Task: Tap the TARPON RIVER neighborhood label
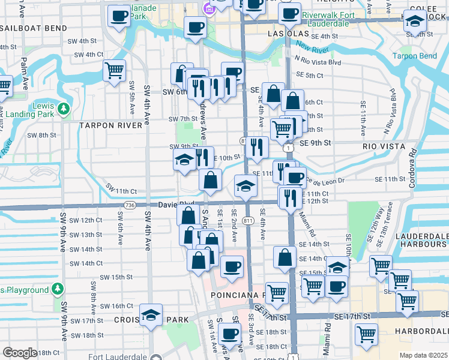coord(111,125)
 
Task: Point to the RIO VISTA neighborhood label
coord(381,145)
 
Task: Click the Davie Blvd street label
coord(176,204)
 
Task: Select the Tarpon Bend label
coord(418,56)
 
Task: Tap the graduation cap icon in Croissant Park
coord(151,314)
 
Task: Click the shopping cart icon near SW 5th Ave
coord(114,71)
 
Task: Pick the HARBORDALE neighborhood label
coord(420,331)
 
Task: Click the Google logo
coord(20,353)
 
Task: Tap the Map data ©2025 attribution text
coord(423,355)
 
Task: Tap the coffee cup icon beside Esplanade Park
coord(119,16)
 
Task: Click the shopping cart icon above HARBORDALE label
coord(408,299)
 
